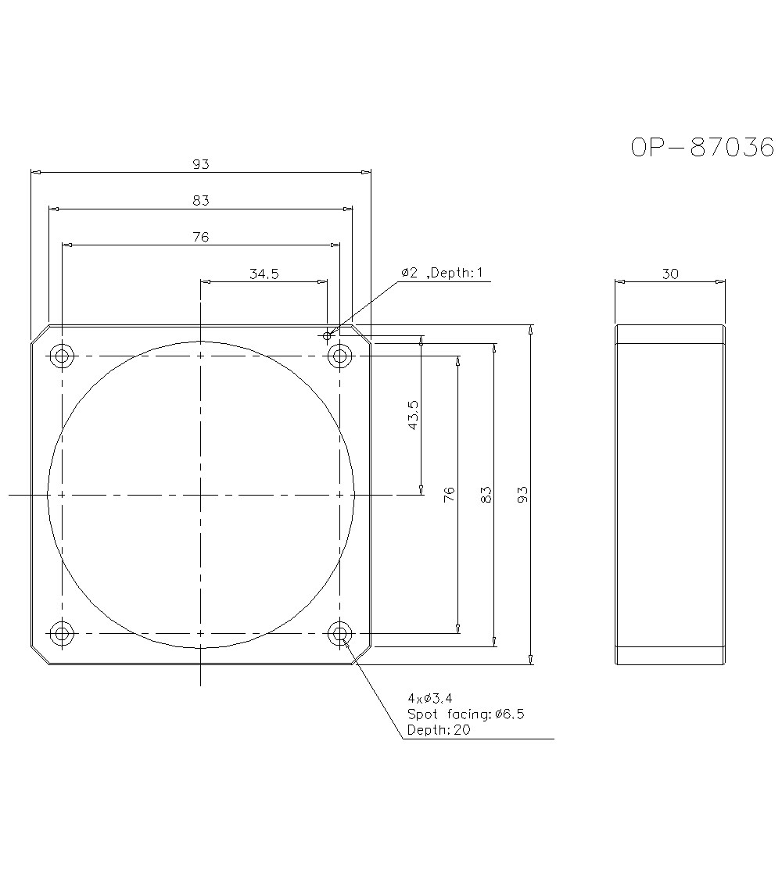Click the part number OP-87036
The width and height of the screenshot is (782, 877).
coord(702,147)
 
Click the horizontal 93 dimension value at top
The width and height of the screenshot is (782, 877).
coord(201,164)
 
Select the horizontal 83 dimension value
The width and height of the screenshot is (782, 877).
coord(201,201)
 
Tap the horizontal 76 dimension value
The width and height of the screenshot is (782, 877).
coord(201,237)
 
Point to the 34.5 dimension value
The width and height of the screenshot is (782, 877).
coord(264,273)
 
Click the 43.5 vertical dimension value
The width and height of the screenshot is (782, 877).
coord(413,416)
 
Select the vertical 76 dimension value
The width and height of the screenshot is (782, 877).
coord(449,494)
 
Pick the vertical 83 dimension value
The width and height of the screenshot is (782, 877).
coord(486,494)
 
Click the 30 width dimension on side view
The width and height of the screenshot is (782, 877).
coord(670,273)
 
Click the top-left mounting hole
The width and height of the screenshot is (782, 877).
coord(62,356)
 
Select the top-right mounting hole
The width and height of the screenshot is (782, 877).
coord(339,356)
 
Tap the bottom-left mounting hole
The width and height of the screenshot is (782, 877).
coord(62,633)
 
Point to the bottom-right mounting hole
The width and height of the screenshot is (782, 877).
coord(339,633)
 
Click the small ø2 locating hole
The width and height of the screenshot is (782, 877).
coord(327,335)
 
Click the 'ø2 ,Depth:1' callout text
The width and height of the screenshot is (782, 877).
coord(443,273)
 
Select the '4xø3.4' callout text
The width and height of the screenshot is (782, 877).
coord(429,697)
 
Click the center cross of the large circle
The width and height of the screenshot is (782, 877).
coord(201,495)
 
